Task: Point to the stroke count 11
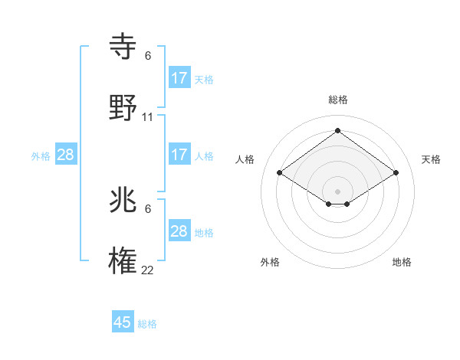pos(148,117)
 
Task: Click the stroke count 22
pos(148,270)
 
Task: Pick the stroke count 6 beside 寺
pos(148,56)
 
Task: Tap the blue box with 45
pos(123,322)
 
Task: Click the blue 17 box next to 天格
pos(179,78)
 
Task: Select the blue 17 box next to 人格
pos(179,155)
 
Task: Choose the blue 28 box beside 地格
pos(179,231)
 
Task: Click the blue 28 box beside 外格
pos(66,155)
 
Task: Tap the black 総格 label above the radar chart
pos(338,100)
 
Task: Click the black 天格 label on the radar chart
pos(431,159)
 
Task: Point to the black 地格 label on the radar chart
pos(402,262)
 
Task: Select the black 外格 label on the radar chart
pos(270,262)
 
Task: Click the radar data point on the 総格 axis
pos(337,130)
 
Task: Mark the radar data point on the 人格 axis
pos(280,173)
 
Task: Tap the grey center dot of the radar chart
pos(337,191)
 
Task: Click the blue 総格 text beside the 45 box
pos(147,324)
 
